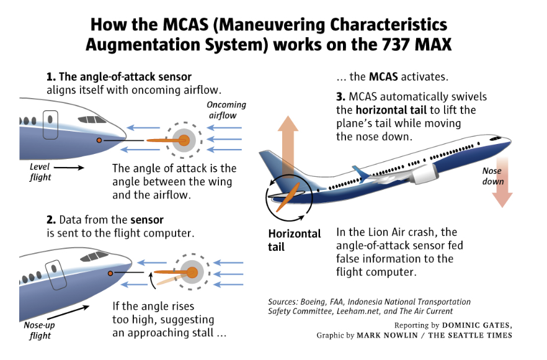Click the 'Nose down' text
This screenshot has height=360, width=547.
pos(493,176)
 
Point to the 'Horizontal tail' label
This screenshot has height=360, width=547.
pos(294,240)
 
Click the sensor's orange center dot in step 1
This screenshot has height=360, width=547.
pos(184,140)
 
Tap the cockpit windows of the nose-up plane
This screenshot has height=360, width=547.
pos(93,256)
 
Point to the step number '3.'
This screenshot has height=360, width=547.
pos(340,97)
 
